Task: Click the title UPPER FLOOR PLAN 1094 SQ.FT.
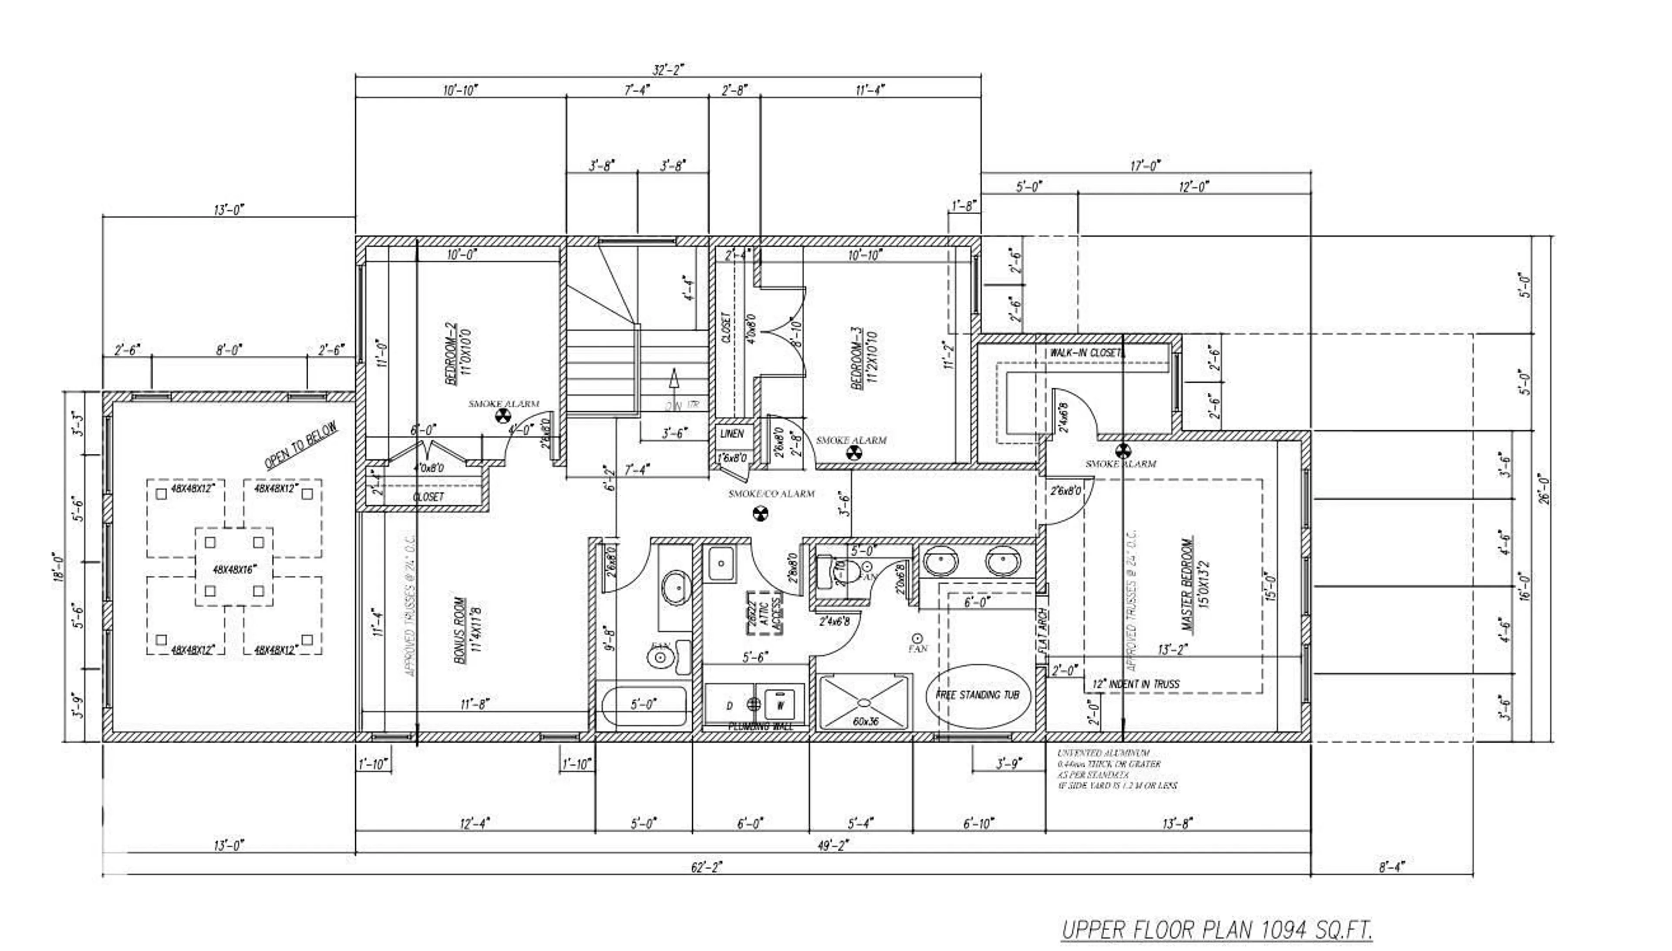[1216, 929]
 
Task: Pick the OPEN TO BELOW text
[301, 445]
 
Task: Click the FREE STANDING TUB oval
[978, 696]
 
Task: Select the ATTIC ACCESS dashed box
[765, 613]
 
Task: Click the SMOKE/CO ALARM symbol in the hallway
[759, 513]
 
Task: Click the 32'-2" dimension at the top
[667, 70]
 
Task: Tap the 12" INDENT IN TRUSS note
[1136, 684]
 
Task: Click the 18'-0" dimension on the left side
[59, 567]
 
